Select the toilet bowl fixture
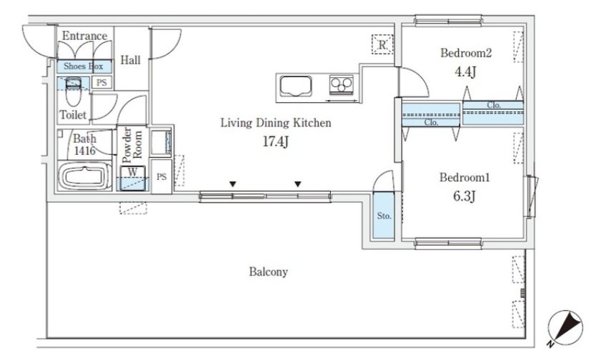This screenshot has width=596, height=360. point(74,91)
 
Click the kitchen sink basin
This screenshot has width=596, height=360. point(296,86)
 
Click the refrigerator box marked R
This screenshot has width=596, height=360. point(382,44)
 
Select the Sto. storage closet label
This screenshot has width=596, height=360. point(384,216)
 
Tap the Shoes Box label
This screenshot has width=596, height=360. point(83,66)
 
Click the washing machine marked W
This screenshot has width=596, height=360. point(133,178)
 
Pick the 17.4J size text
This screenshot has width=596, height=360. point(276,141)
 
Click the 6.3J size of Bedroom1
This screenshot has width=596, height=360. point(464,196)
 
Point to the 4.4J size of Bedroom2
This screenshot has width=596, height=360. point(465,71)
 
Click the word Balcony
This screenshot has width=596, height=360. point(269,272)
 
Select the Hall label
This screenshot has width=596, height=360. point(130,60)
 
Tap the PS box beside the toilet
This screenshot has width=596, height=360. point(101,82)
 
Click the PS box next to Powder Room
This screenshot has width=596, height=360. point(162,176)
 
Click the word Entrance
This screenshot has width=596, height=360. point(84,36)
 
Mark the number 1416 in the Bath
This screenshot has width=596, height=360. point(84,151)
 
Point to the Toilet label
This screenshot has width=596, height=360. point(73,115)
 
